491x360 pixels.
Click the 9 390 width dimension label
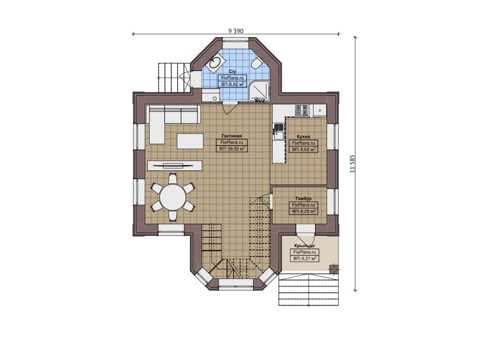coord(236,31)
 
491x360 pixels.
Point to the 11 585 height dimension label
coord(352,164)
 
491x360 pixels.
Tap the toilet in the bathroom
coord(257,63)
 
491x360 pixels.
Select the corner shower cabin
coord(259,91)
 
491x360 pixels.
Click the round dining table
coord(173,197)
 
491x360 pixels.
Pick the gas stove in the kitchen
coord(302,110)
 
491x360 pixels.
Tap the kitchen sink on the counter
coord(278,132)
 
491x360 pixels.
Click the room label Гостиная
coord(232,136)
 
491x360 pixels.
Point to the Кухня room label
coord(303,136)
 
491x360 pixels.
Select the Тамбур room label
coord(303,199)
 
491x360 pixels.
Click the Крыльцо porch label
coord(305,246)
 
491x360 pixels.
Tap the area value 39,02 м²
coord(232,149)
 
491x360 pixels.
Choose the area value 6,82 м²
coord(232,84)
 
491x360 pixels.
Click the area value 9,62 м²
coord(303,150)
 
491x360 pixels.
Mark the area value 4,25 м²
coord(303,212)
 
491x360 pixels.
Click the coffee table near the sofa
coord(190,141)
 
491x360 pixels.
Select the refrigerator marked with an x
coord(320,110)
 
